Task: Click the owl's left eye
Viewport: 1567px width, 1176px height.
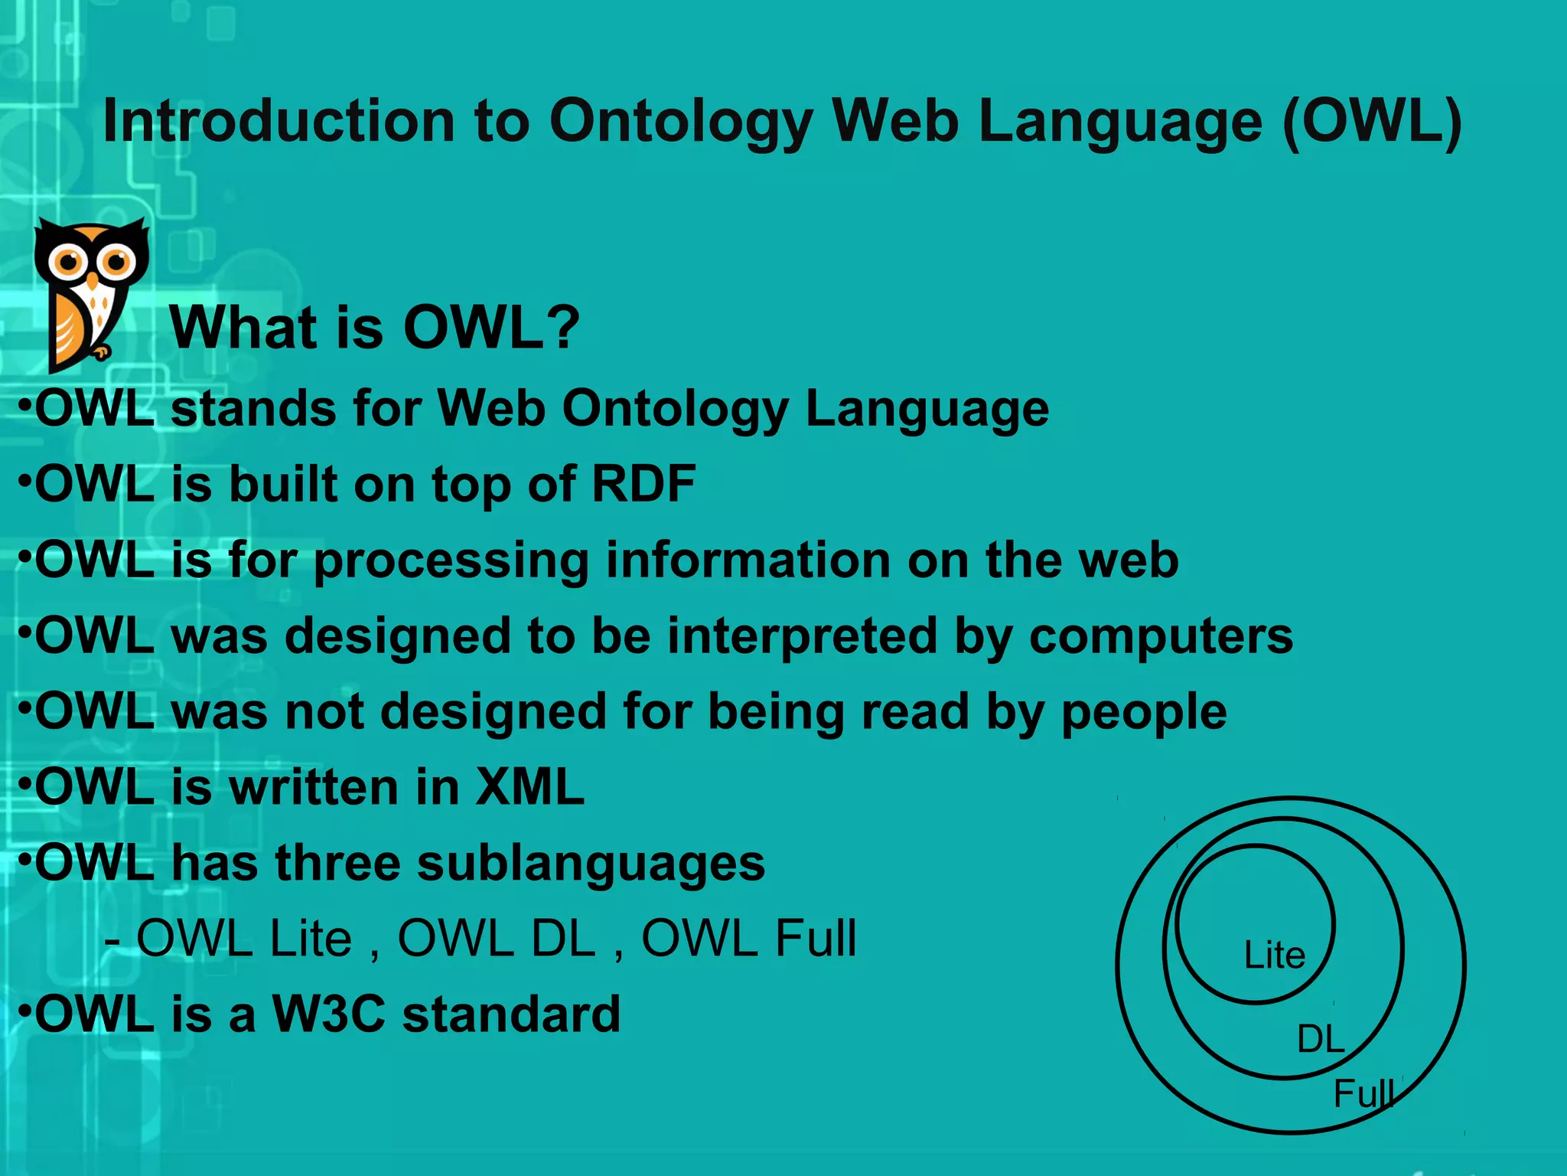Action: tap(69, 263)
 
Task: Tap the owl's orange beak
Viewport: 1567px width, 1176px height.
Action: tap(93, 280)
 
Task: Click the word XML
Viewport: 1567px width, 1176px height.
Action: tap(529, 787)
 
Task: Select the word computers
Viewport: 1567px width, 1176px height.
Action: tap(1161, 635)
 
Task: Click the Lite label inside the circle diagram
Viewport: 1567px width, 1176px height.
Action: tap(1275, 955)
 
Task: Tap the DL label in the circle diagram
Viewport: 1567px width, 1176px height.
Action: tap(1321, 1040)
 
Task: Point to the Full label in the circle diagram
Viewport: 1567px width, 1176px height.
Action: tap(1364, 1093)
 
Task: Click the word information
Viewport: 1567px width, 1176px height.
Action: tap(748, 560)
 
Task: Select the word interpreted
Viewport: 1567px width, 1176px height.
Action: tap(803, 635)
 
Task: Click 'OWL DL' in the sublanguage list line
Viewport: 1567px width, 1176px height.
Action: tap(497, 939)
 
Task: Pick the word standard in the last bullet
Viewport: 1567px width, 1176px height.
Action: tap(511, 1014)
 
